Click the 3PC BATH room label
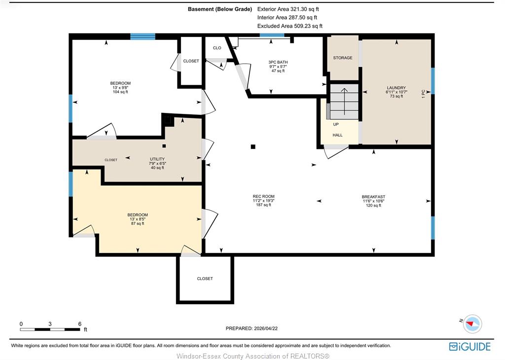pyautogui.click(x=278, y=62)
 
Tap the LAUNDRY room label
pyautogui.click(x=396, y=88)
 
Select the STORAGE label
pyautogui.click(x=343, y=58)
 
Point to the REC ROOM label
pyautogui.click(x=263, y=196)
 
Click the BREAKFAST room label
pyautogui.click(x=373, y=197)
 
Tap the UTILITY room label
pyautogui.click(x=157, y=159)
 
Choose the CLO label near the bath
pyautogui.click(x=217, y=48)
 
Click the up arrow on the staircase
pyautogui.click(x=344, y=101)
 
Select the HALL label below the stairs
pyautogui.click(x=337, y=135)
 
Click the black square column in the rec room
pyautogui.click(x=253, y=147)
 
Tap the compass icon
pyautogui.click(x=472, y=324)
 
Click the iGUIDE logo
pyautogui.click(x=470, y=347)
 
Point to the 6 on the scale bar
pyautogui.click(x=79, y=324)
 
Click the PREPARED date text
pyautogui.click(x=252, y=328)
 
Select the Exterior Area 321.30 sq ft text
pyautogui.click(x=288, y=9)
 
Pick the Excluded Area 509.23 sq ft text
pyautogui.click(x=290, y=26)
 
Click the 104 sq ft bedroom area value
pyautogui.click(x=120, y=92)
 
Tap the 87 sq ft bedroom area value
pyautogui.click(x=138, y=223)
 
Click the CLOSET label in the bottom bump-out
pyautogui.click(x=205, y=279)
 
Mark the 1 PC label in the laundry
pyautogui.click(x=424, y=94)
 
